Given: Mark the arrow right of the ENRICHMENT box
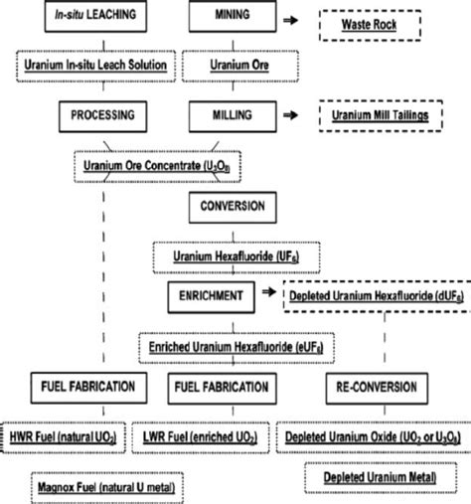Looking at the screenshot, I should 265,294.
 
